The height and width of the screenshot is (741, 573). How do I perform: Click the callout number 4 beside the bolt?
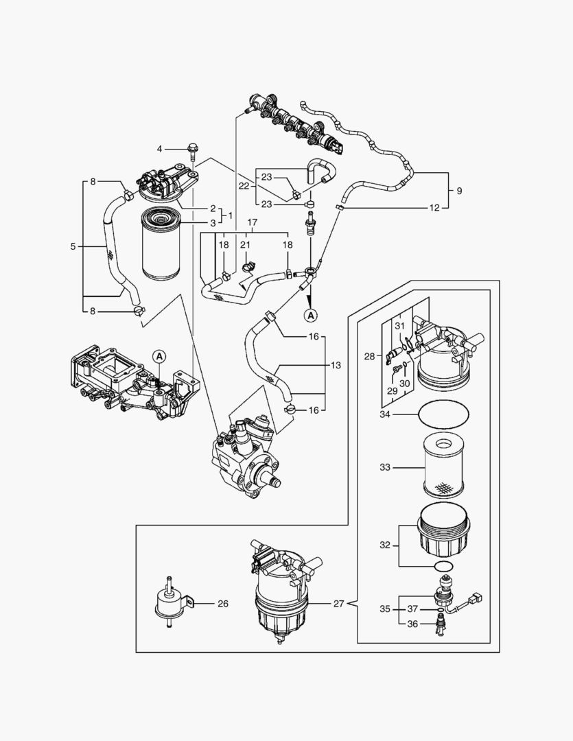click(160, 149)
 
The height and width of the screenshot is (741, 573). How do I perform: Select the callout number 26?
click(222, 604)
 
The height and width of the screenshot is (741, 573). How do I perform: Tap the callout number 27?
click(338, 604)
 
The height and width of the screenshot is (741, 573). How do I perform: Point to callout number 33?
click(384, 467)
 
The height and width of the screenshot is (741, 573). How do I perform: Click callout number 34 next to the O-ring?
click(384, 414)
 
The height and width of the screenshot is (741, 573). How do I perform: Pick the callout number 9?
click(459, 189)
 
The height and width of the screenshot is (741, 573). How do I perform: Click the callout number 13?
click(335, 366)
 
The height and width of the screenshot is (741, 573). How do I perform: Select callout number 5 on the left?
click(73, 246)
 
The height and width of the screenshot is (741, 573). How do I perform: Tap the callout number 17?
click(252, 223)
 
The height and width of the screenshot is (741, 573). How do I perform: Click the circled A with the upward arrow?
click(311, 315)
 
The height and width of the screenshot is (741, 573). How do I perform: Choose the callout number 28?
click(369, 356)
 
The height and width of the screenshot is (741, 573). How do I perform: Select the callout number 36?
click(413, 624)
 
